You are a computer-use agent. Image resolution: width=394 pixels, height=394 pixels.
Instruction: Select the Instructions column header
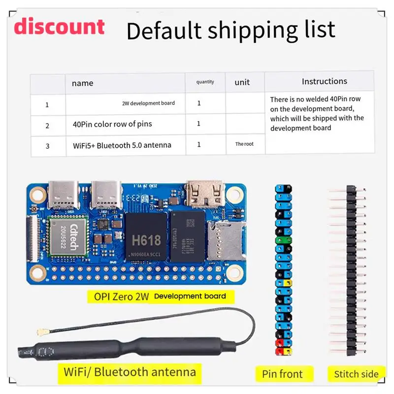coord(324,81)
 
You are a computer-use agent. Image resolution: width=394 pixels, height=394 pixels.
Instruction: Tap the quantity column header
coord(205,82)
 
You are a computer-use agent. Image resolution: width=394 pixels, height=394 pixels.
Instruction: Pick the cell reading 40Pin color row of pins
coord(112,124)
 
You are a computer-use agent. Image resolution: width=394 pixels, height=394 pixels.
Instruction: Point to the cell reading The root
coord(244,144)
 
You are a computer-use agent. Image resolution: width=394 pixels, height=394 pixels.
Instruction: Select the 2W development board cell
coord(148,103)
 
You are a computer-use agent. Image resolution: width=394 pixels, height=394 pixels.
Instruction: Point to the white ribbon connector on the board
coord(42,236)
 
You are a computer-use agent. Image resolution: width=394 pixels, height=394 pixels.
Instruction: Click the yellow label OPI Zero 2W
coord(118,296)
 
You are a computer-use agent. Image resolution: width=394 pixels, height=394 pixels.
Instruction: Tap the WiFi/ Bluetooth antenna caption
coord(130,371)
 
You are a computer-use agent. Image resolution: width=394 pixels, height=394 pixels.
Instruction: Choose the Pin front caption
coord(282,374)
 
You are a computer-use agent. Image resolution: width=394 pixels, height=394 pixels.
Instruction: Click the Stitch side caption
coord(356,374)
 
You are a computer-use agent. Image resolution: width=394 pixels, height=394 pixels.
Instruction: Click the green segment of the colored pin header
coord(283,241)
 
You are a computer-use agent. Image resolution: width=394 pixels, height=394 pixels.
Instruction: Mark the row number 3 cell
coord(47,146)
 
